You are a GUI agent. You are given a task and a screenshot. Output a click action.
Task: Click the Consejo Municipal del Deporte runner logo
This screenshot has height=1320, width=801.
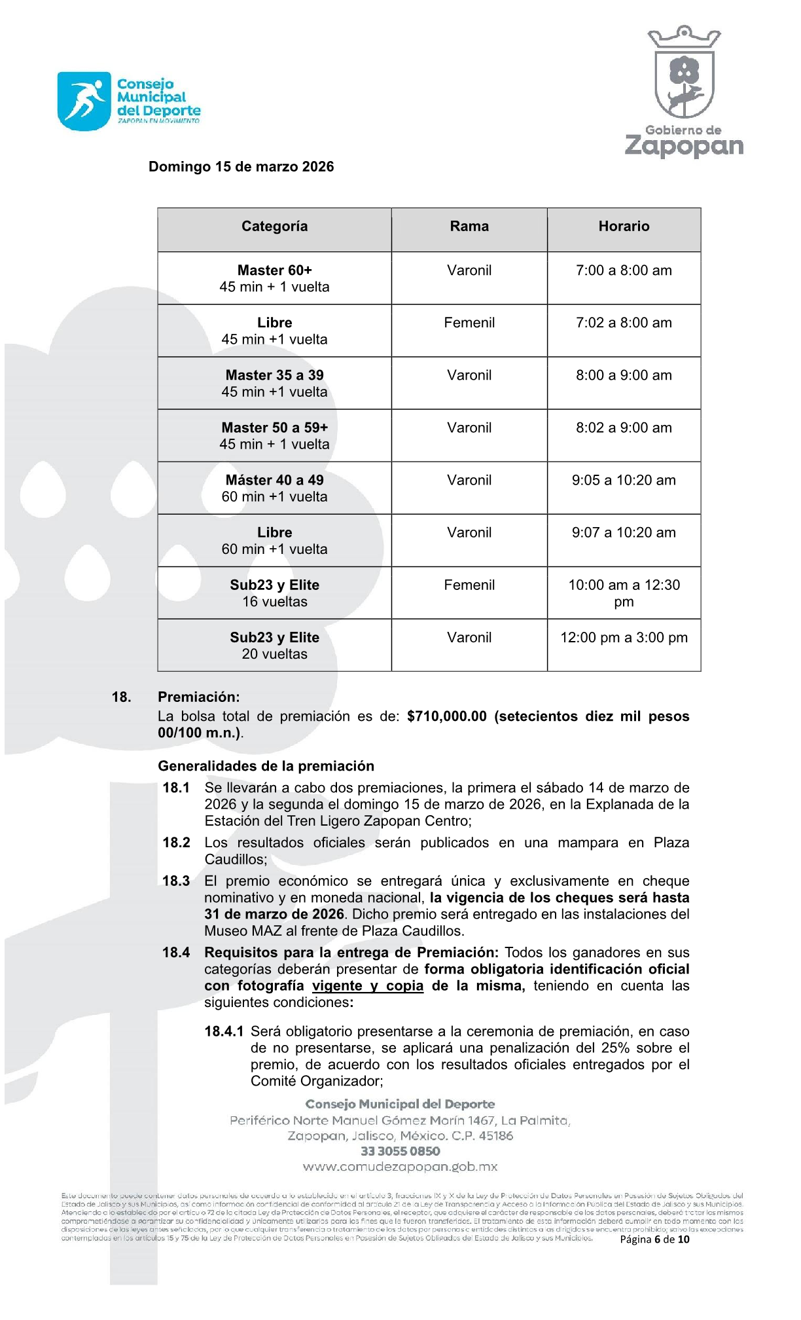tap(84, 101)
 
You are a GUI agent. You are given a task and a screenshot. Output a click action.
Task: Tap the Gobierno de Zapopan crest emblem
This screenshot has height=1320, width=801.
tap(684, 73)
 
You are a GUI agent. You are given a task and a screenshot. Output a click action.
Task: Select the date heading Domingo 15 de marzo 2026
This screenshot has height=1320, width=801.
tap(241, 167)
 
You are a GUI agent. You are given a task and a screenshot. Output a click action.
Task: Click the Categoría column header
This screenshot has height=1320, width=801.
tap(274, 227)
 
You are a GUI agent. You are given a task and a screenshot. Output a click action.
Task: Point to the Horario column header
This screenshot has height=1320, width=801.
tap(624, 227)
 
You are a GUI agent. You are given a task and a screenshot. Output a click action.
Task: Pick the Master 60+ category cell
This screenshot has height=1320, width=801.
tap(274, 278)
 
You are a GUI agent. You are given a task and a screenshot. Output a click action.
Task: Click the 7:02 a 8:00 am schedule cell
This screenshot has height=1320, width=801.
tap(624, 323)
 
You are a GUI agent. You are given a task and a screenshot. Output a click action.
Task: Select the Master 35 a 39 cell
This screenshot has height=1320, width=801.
tap(274, 383)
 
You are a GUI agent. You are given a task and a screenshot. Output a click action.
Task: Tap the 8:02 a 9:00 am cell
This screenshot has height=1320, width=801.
tap(624, 428)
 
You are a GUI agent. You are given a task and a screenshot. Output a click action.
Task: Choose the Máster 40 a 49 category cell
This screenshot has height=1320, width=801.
tap(274, 488)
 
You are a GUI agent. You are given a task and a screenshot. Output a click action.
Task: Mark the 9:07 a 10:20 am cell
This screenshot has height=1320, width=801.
tap(624, 532)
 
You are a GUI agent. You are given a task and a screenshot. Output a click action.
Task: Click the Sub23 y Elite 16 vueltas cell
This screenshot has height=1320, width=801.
tap(274, 593)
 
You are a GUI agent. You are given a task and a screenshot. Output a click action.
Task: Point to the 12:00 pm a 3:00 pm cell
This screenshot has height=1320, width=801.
tap(624, 638)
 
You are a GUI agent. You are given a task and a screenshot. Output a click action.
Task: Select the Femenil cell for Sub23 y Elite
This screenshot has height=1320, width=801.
tap(469, 585)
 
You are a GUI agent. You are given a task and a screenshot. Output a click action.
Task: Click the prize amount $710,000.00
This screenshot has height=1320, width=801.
tap(447, 716)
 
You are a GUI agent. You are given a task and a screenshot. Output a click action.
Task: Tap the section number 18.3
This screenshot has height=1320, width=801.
tap(176, 881)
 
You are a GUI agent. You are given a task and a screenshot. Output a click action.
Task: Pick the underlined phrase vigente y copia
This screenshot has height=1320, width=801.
tap(368, 986)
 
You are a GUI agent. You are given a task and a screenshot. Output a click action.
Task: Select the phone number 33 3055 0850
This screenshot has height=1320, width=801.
tap(400, 1151)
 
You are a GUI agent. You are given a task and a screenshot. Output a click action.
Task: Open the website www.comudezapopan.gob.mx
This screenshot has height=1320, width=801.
tap(400, 1167)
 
